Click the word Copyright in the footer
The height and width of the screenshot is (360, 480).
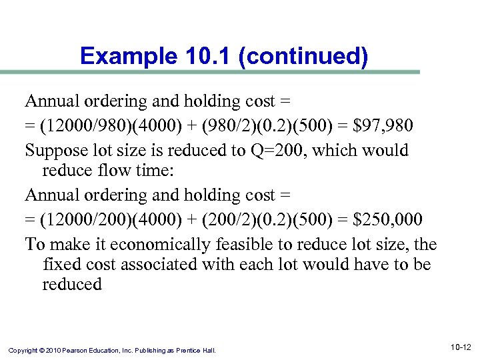click(23, 350)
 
